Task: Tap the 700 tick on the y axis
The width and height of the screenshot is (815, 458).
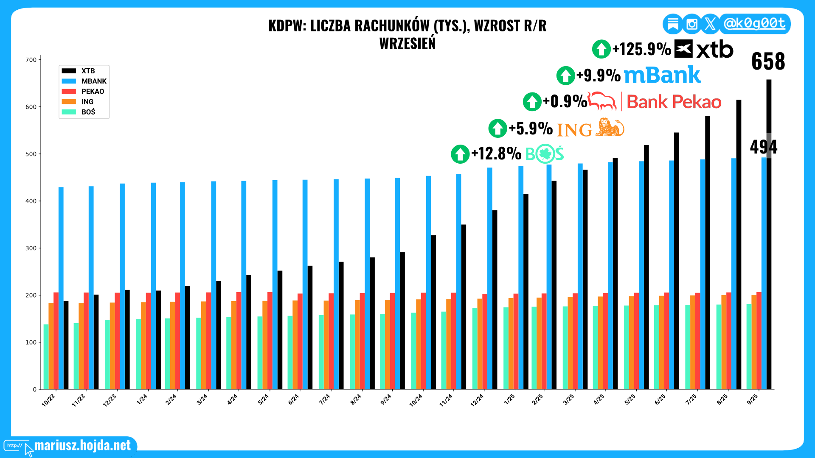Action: (x=31, y=60)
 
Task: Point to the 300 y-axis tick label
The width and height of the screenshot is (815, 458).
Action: (x=31, y=248)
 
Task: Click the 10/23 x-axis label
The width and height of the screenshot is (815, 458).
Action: (x=48, y=400)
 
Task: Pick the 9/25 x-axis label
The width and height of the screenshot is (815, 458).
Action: (x=752, y=399)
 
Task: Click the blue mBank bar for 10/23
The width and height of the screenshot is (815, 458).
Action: (x=61, y=288)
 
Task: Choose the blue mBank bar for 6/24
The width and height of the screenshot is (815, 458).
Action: (x=305, y=284)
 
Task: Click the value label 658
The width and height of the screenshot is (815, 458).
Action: (x=768, y=61)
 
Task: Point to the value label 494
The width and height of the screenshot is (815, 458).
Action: (x=763, y=147)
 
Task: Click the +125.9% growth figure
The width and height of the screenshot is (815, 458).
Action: (x=641, y=49)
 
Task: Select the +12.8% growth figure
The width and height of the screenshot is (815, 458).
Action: (x=496, y=154)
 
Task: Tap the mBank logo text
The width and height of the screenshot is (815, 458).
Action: (x=662, y=75)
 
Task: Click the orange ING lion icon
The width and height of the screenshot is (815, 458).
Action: (x=610, y=128)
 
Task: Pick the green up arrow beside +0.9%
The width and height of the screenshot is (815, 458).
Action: (x=532, y=102)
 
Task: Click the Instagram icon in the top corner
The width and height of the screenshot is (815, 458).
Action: (x=691, y=24)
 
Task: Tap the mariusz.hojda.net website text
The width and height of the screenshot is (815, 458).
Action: (x=82, y=445)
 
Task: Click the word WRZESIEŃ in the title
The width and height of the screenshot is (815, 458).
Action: (x=407, y=44)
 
